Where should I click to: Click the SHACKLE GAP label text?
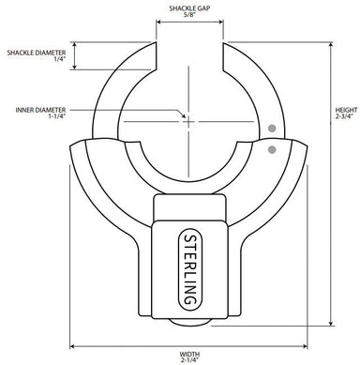pyautogui.click(x=188, y=8)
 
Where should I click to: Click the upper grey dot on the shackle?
pyautogui.click(x=272, y=128)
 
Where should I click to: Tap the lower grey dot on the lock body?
pyautogui.click(x=272, y=148)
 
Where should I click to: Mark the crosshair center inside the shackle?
pyautogui.click(x=188, y=120)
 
